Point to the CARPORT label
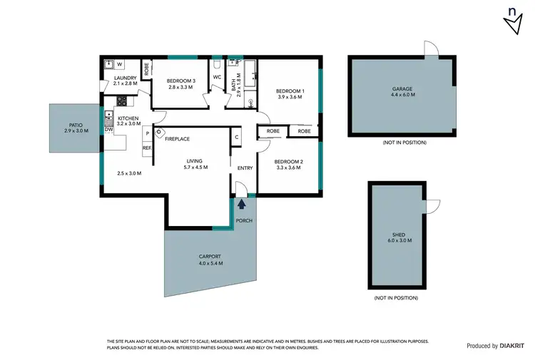pos(210,256)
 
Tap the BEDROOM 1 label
pos(290,91)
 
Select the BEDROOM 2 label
pos(289,162)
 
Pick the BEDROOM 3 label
pos(181,81)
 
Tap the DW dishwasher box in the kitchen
pos(108,130)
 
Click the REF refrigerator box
pos(147,148)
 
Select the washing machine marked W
pos(119,63)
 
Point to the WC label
pos(218,77)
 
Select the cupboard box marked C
pos(235,137)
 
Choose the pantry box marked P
pos(147,133)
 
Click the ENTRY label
pos(245,168)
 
